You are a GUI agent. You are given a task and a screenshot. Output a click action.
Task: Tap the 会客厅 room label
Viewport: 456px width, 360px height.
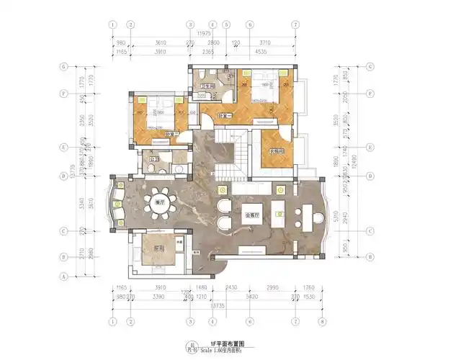[254, 215]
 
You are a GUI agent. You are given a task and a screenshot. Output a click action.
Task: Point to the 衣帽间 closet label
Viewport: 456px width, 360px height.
[277, 151]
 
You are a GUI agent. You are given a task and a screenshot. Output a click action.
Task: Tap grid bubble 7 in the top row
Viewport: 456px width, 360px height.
[295, 24]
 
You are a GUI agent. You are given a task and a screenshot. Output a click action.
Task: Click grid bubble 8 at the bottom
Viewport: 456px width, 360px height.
[322, 322]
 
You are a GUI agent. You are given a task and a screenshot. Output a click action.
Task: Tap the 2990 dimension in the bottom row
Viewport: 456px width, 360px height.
[278, 287]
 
